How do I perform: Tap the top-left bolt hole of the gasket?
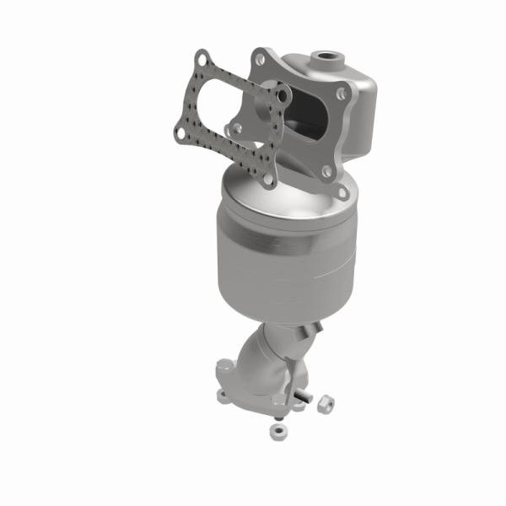pyautogui.click(x=201, y=60)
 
